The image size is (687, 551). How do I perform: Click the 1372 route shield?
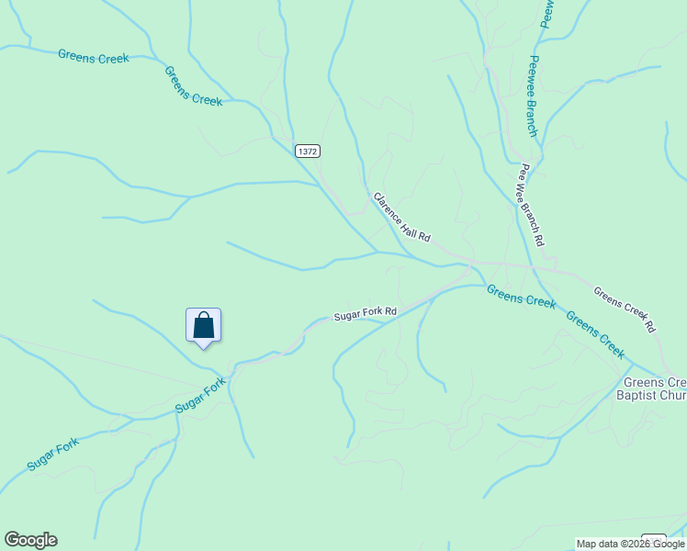tap(308, 151)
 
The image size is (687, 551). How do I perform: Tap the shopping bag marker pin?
tap(203, 326)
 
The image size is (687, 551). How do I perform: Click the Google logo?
tap(30, 540)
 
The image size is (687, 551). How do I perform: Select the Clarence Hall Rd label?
tap(401, 217)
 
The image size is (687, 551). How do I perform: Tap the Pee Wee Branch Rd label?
tap(533, 205)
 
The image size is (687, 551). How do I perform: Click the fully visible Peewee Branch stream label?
tap(532, 96)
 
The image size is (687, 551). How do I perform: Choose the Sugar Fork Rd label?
tap(365, 313)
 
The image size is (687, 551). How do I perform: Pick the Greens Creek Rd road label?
tap(625, 309)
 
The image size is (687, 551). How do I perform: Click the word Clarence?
tap(389, 206)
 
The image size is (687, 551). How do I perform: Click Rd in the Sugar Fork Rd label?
tap(390, 311)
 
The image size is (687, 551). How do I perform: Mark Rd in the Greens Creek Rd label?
tap(649, 325)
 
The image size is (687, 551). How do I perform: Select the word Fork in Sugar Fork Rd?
tap(370, 313)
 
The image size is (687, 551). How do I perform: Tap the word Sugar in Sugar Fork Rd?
tap(346, 316)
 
